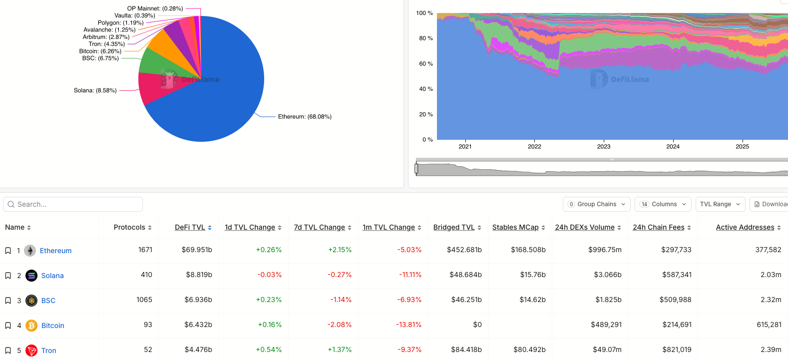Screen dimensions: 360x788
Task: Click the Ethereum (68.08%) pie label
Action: tap(305, 117)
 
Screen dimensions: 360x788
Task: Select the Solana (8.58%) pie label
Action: tap(95, 90)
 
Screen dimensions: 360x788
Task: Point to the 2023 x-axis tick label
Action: tap(604, 146)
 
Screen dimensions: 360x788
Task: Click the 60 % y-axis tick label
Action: tap(425, 64)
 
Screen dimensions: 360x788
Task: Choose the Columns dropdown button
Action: tap(663, 204)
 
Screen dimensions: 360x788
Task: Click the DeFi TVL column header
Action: tap(190, 227)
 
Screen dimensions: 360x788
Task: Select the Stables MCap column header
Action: tap(515, 227)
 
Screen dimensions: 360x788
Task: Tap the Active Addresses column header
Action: tap(745, 227)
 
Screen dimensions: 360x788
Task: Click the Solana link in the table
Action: tap(52, 276)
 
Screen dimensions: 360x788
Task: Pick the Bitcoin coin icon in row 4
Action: tap(31, 326)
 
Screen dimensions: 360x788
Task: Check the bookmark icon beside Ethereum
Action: tap(8, 251)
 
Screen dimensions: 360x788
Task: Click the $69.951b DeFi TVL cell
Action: tap(197, 250)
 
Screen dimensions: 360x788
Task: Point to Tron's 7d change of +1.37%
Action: tap(340, 350)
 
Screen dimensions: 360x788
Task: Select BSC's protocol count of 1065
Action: tap(144, 300)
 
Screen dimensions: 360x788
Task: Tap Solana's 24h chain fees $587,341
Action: tap(677, 275)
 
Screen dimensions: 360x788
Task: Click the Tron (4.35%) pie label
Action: tap(107, 44)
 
